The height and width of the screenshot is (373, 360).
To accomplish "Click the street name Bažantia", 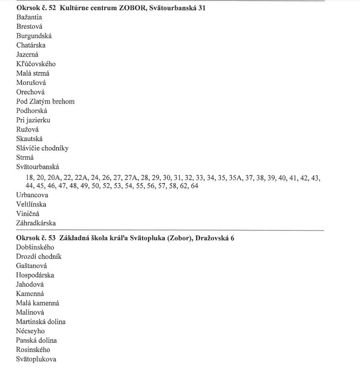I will (x=29, y=17).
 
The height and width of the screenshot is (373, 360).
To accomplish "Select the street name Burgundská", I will (x=34, y=36).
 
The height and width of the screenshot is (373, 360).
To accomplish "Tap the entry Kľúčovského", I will (x=36, y=64).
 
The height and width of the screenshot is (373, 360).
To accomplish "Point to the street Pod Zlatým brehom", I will (x=45, y=101).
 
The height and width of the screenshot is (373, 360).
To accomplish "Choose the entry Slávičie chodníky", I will (x=42, y=148).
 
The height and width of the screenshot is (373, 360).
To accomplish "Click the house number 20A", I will (x=54, y=178).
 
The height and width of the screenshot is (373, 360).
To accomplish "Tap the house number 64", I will (x=195, y=186).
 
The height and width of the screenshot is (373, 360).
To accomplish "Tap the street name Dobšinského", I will (x=35, y=247).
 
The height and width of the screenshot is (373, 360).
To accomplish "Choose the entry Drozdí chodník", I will (x=38, y=257).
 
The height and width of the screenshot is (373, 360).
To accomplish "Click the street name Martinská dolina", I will (x=41, y=322).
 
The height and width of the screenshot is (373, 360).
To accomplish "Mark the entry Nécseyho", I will (x=30, y=331).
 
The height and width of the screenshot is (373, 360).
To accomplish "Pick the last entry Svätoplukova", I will (x=36, y=359).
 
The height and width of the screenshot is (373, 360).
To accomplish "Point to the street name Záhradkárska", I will (x=36, y=223).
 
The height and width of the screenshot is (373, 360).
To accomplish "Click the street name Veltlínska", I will (x=31, y=205).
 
